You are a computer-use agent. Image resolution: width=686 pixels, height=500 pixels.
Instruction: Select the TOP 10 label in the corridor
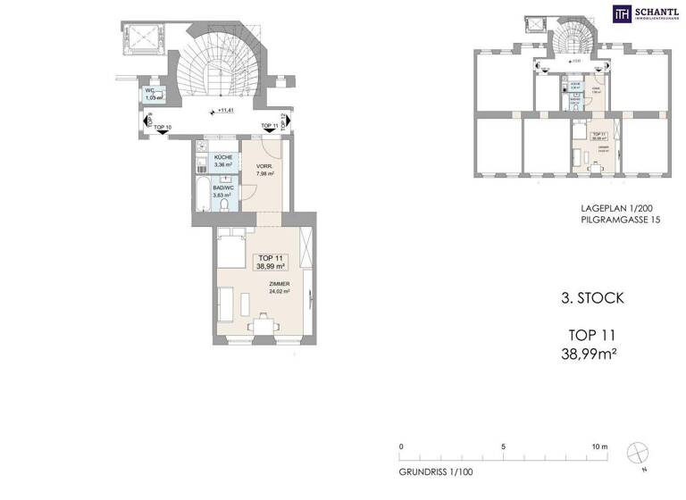coord(163,129)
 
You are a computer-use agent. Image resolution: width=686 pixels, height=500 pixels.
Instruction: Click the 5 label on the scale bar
coord(504,446)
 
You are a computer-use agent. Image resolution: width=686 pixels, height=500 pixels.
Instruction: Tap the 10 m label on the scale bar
coord(598,446)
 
